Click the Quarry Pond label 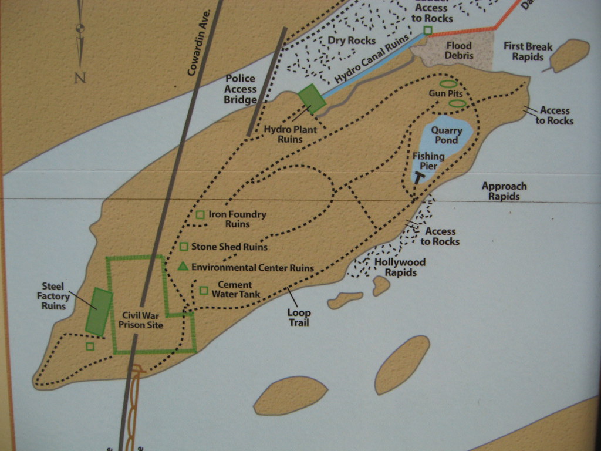[447, 136]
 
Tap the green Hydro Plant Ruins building [312, 99]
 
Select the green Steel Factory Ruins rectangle [99, 312]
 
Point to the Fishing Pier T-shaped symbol [420, 177]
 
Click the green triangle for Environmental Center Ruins [183, 267]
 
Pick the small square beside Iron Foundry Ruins [200, 215]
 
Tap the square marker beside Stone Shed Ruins [184, 247]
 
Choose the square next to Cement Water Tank [204, 290]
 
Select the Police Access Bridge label [241, 89]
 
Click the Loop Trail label [299, 318]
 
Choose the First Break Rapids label [528, 52]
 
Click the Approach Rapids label [504, 191]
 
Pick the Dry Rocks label [352, 41]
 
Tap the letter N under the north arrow [80, 77]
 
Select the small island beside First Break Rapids [569, 55]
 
